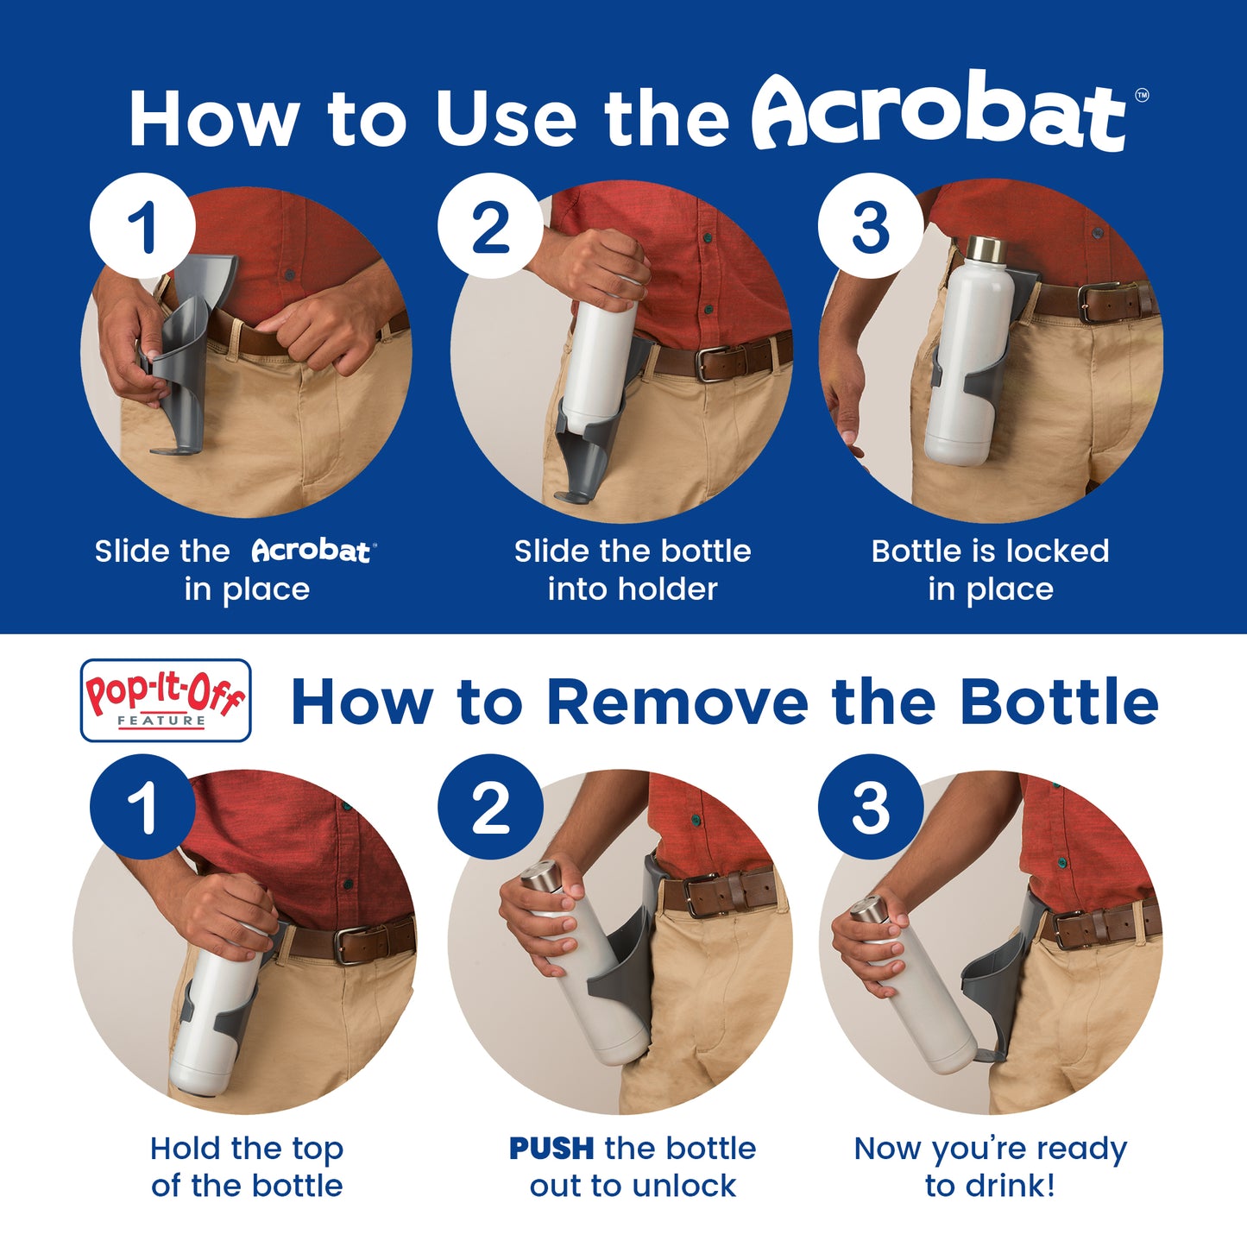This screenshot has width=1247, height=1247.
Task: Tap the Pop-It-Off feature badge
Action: point(166,700)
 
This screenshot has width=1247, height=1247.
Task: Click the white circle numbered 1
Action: point(142,226)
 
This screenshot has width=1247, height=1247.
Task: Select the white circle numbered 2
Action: point(490,226)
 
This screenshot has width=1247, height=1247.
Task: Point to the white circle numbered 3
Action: point(871,226)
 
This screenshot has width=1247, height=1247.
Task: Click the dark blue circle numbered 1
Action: point(142,807)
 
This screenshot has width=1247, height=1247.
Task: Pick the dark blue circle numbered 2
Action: point(490,807)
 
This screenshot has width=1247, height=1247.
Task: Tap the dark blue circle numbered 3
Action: point(871,807)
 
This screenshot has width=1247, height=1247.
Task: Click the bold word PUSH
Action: point(551,1149)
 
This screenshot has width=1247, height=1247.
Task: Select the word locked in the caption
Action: point(1057,551)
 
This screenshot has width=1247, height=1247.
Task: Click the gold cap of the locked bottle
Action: point(986,247)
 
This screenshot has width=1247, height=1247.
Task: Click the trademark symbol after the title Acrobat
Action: point(1142,96)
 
